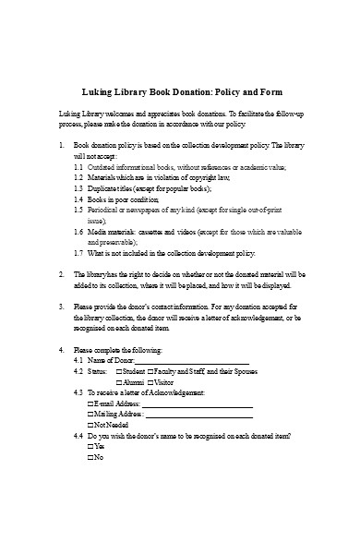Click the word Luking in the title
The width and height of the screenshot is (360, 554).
(98, 92)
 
